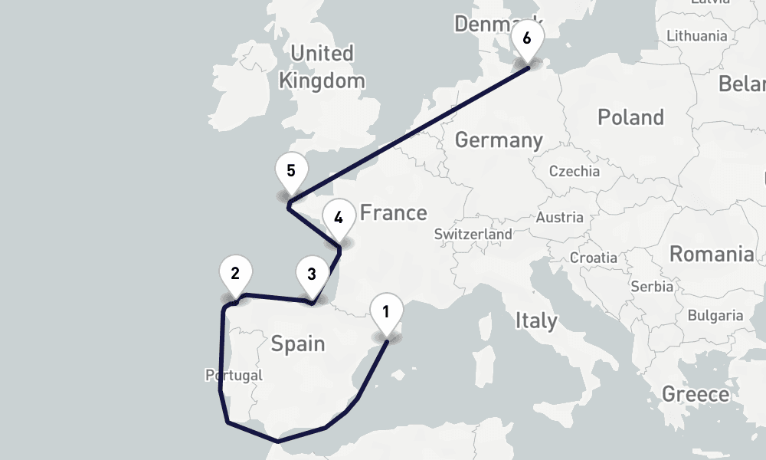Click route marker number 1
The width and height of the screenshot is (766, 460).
click(x=385, y=312)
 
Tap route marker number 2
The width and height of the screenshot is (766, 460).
click(x=235, y=273)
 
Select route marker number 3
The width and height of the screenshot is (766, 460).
click(x=311, y=274)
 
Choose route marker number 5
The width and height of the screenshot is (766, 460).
click(x=291, y=171)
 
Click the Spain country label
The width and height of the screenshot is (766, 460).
click(x=298, y=343)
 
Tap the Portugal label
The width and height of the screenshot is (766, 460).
click(x=234, y=376)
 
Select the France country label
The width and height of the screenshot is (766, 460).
click(x=393, y=212)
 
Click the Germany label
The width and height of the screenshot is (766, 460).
click(x=498, y=140)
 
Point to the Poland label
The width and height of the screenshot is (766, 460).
click(x=630, y=117)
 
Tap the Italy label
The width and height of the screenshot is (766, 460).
click(x=535, y=320)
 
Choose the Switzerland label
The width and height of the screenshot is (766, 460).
click(x=473, y=234)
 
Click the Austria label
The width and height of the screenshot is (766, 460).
click(x=560, y=218)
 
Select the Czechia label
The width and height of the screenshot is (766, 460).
click(x=574, y=171)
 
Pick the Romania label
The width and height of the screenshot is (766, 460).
click(x=712, y=254)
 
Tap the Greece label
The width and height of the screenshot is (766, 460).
click(x=696, y=394)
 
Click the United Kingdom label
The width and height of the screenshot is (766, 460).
click(x=322, y=67)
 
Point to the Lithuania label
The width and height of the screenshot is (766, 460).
click(x=697, y=36)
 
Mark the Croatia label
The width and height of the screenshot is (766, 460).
click(x=593, y=258)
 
